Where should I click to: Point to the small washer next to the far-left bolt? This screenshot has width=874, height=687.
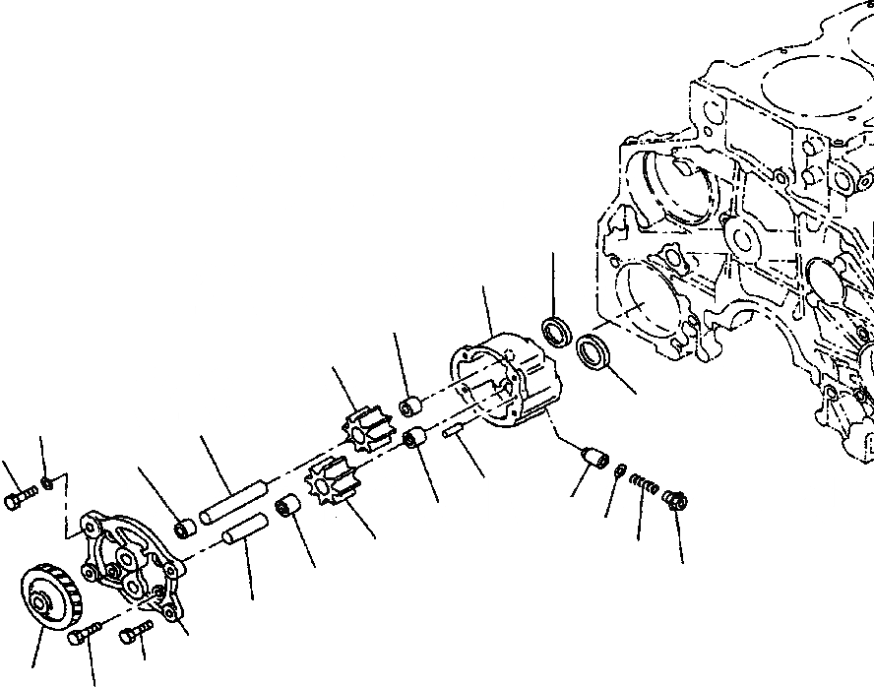point(47,483)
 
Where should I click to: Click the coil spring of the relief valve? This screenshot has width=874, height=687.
point(643,483)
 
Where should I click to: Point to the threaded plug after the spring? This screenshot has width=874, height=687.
point(675,498)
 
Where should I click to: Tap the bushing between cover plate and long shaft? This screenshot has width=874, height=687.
point(184,530)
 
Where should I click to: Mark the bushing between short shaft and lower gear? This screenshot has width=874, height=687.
point(288,508)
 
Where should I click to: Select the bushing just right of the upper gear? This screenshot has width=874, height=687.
point(410,405)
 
